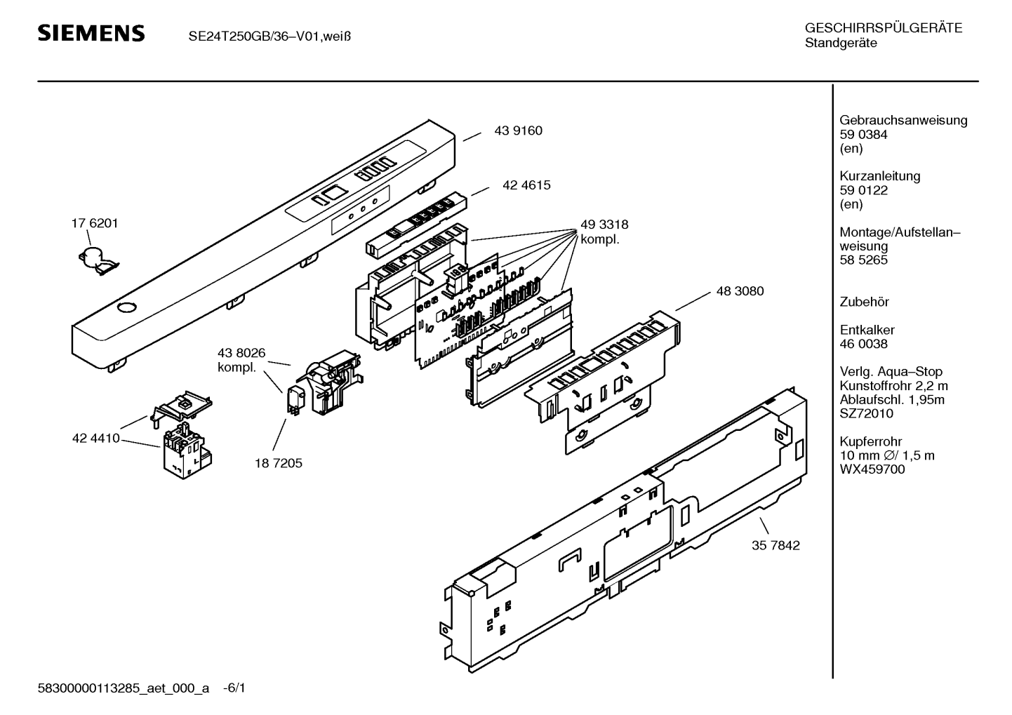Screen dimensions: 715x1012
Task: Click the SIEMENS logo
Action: [x=91, y=34]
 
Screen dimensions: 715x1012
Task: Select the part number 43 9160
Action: [x=518, y=131]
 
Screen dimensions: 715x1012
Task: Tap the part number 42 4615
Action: [x=526, y=186]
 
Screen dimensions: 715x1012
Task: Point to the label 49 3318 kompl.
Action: [x=604, y=232]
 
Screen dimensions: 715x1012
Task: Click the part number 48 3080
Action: [x=740, y=291]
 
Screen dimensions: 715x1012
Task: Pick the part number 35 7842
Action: [x=775, y=545]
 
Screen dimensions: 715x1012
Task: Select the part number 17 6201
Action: [x=95, y=223]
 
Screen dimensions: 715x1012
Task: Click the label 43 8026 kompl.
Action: [x=241, y=360]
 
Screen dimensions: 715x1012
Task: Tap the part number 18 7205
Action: [x=279, y=463]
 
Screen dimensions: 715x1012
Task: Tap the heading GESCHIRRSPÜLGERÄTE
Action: [x=883, y=29]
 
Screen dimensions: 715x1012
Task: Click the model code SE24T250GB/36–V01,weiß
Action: [x=269, y=36]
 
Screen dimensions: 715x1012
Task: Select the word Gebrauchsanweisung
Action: [x=903, y=120]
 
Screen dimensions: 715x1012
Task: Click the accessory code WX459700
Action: [x=872, y=469]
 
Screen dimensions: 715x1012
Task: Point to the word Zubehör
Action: [x=864, y=302]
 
